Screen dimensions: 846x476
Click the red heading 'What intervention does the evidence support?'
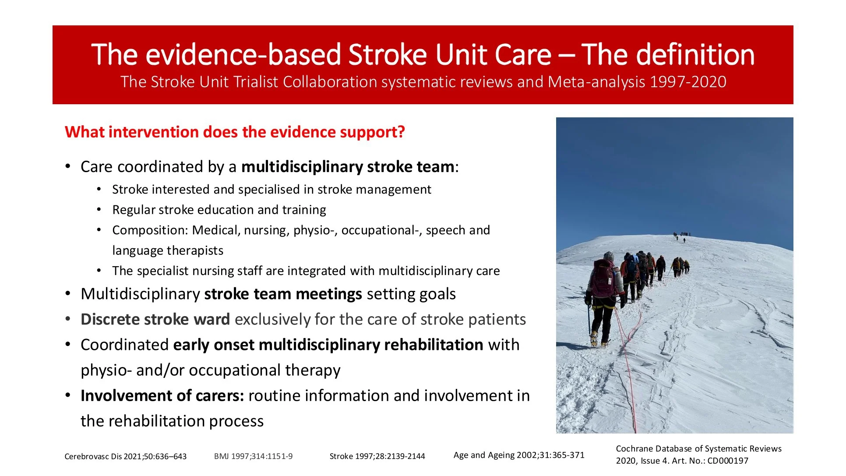pyautogui.click(x=235, y=132)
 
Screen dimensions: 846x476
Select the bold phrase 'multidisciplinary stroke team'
pyautogui.click(x=348, y=167)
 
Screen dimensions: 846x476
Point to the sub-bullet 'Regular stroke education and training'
pyautogui.click(x=219, y=210)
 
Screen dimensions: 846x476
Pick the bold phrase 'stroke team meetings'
pyautogui.click(x=283, y=294)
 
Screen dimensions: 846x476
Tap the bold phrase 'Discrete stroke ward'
pyautogui.click(x=155, y=319)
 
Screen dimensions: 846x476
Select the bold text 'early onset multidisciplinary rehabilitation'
pyautogui.click(x=328, y=345)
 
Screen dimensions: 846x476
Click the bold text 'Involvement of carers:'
pyautogui.click(x=162, y=395)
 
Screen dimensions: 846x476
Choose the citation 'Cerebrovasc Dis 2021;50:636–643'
pyautogui.click(x=125, y=456)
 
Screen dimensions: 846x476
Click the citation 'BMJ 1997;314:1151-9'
pyautogui.click(x=253, y=456)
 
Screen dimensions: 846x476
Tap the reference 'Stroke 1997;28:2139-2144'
pyautogui.click(x=377, y=456)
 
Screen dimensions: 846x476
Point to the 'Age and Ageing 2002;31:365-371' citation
pyautogui.click(x=519, y=455)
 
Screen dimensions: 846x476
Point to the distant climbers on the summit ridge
pyautogui.click(x=681, y=236)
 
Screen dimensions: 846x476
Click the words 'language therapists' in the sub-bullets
pyautogui.click(x=168, y=250)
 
